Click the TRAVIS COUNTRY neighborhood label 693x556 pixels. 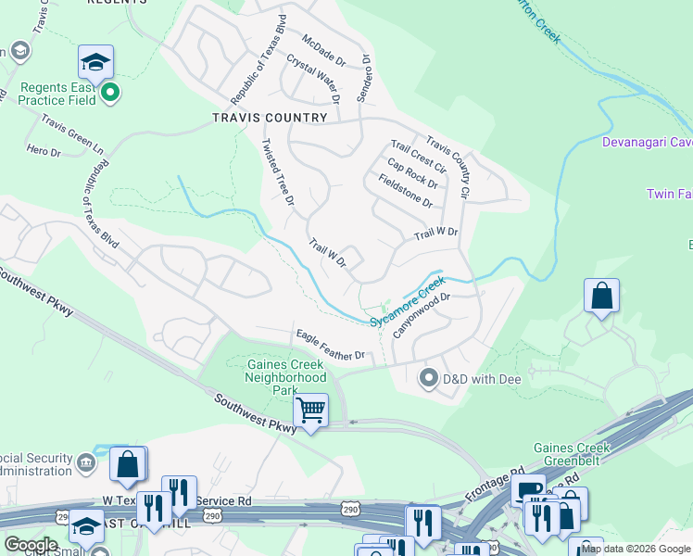point(270,118)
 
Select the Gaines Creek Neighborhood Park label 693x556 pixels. point(286,377)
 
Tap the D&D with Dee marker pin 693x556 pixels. point(429,378)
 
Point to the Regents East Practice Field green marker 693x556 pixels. point(110,92)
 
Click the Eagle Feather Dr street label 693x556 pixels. point(331,344)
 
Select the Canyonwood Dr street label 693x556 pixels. point(422,316)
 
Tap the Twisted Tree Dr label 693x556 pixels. point(278,172)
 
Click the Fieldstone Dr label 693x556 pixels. point(399,188)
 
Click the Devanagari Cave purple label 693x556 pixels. point(648,142)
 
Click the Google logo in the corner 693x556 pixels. point(31,545)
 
